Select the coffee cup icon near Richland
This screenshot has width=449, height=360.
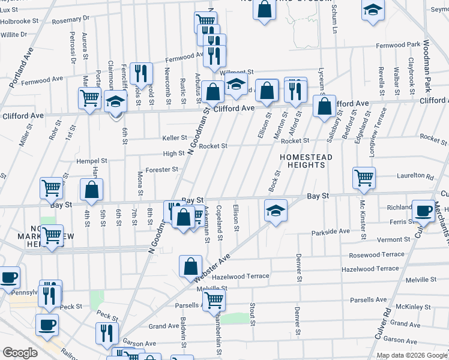(x=423, y=211)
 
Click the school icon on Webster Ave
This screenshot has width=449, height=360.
(x=275, y=211)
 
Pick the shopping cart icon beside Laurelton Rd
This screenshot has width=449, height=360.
(x=364, y=177)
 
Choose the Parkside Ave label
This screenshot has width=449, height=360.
(x=330, y=231)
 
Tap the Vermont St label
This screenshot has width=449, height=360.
(x=393, y=239)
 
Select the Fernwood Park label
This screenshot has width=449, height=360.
(x=398, y=45)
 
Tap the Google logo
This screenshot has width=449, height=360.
(x=20, y=353)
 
